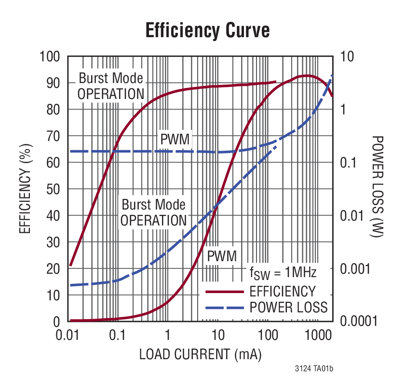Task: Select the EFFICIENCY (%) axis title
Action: (x=25, y=188)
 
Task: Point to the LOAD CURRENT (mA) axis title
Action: (x=200, y=354)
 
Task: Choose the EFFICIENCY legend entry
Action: (x=282, y=292)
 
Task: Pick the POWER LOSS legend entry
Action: (x=288, y=307)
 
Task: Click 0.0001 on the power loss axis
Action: (x=357, y=322)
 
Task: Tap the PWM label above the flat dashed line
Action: (x=175, y=140)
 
